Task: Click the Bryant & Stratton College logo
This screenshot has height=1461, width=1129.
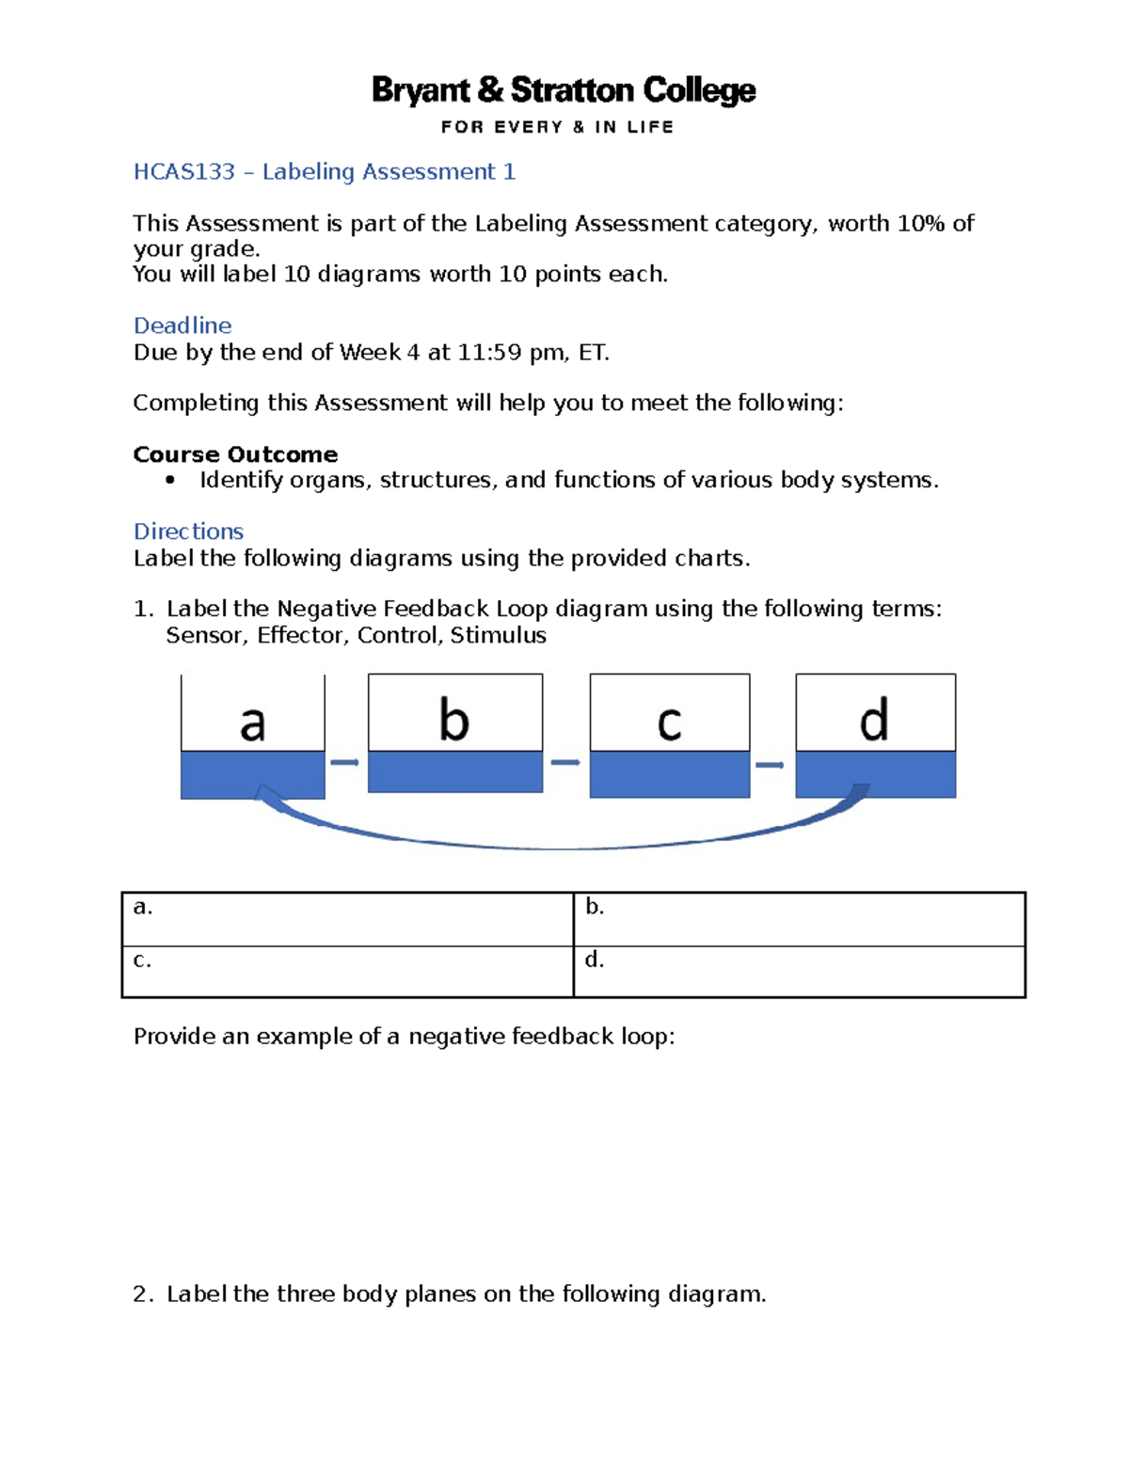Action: click(x=564, y=103)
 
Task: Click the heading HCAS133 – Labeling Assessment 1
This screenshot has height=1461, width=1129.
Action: click(x=324, y=171)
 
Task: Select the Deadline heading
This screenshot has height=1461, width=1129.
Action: click(x=182, y=326)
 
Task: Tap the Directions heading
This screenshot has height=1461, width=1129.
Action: click(x=188, y=532)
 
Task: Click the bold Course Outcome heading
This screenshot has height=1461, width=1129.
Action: click(x=235, y=454)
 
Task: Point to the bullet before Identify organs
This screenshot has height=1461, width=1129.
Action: click(x=170, y=481)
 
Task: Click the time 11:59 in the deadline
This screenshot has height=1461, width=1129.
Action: click(x=489, y=353)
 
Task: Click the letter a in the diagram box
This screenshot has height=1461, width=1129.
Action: click(x=252, y=723)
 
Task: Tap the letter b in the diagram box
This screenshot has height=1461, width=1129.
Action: click(x=454, y=721)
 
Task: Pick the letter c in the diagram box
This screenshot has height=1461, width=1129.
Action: click(x=669, y=723)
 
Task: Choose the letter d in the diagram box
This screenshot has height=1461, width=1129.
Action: click(x=874, y=721)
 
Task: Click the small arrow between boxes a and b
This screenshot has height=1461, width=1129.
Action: click(x=345, y=762)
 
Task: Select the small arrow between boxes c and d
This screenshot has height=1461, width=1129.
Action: click(x=770, y=765)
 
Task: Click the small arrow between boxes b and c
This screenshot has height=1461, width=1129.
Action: click(x=565, y=762)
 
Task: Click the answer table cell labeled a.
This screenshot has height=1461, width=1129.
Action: click(x=347, y=919)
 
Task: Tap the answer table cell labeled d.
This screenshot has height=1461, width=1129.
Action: click(x=799, y=972)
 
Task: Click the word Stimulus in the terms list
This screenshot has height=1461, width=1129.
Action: click(x=498, y=636)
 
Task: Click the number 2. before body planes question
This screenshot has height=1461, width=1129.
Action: click(x=142, y=1294)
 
